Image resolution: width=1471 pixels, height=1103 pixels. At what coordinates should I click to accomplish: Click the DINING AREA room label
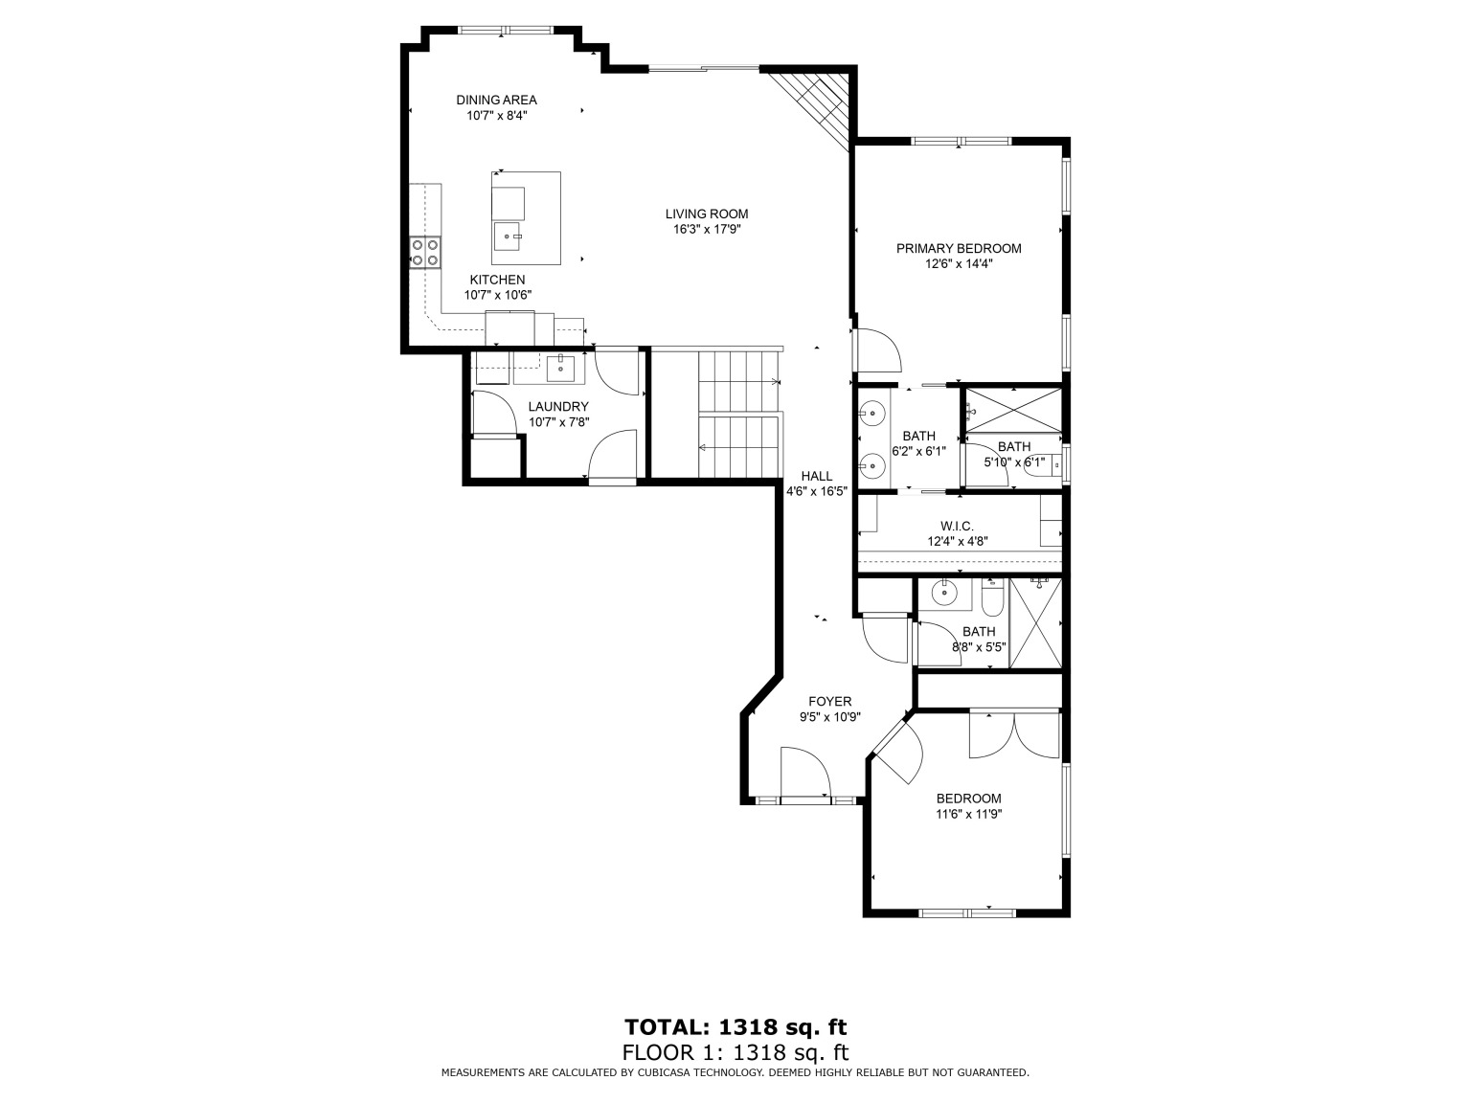[x=496, y=100]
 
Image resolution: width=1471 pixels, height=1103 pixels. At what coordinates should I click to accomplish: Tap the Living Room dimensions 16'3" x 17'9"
[x=707, y=230]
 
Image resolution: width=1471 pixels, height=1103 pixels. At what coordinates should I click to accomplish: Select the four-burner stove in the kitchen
[x=425, y=252]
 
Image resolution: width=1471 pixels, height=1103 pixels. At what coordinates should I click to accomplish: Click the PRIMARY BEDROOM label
[x=958, y=249]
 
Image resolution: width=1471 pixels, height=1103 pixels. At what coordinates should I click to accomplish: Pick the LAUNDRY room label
[x=558, y=407]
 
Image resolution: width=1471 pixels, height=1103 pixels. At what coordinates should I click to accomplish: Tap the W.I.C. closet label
[x=957, y=526]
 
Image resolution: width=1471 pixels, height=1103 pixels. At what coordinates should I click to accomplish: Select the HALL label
[x=817, y=476]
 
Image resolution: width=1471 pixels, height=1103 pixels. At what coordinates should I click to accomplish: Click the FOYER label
[x=829, y=702]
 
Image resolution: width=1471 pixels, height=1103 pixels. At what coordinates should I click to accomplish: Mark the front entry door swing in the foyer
[x=803, y=772]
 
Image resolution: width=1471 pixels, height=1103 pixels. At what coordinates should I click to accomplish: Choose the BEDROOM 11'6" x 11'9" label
[x=968, y=799]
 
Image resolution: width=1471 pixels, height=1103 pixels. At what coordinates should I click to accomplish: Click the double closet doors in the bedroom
[x=1014, y=734]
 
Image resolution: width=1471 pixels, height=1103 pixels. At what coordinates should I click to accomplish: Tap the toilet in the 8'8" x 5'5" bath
[x=991, y=598]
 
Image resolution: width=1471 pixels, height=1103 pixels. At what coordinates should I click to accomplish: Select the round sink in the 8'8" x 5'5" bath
[x=946, y=594]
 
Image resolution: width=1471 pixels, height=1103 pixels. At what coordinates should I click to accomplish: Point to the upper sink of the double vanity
[x=872, y=414]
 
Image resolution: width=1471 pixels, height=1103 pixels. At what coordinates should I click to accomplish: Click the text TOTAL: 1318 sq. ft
[x=735, y=1027]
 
